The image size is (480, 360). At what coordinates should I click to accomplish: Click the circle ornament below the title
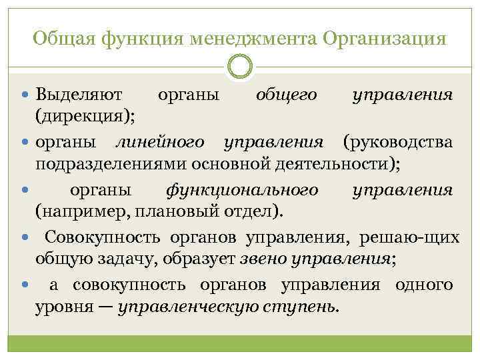[240, 66]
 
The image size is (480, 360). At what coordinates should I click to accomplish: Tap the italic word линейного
[160, 142]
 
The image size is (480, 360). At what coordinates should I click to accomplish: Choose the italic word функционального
[241, 190]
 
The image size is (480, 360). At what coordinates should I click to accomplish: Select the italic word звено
[250, 259]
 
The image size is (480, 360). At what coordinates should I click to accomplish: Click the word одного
[424, 286]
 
